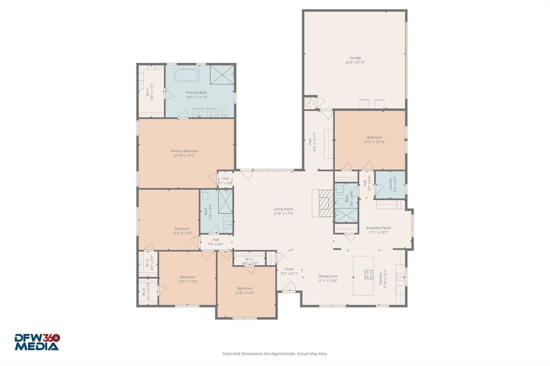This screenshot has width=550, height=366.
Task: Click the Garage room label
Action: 355,60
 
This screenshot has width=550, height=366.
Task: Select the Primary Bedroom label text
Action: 184,153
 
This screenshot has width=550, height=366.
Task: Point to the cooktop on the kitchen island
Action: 370,275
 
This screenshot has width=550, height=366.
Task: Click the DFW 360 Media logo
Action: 37,342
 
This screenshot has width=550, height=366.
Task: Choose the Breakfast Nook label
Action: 379,230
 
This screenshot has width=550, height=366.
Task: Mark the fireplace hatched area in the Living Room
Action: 323,203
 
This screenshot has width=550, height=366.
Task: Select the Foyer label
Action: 290,271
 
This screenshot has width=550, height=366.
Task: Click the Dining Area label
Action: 328,278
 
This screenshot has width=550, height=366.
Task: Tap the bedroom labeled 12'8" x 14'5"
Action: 244,290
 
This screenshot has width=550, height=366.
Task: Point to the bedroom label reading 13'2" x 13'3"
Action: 182,231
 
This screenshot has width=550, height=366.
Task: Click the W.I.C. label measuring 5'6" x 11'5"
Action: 150,92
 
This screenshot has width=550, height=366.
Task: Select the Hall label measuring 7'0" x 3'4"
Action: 215,241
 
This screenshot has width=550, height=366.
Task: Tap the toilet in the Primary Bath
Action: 226,111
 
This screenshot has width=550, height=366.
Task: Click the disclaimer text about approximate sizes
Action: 275,354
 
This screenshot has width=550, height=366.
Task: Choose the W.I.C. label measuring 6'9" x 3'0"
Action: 250,261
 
